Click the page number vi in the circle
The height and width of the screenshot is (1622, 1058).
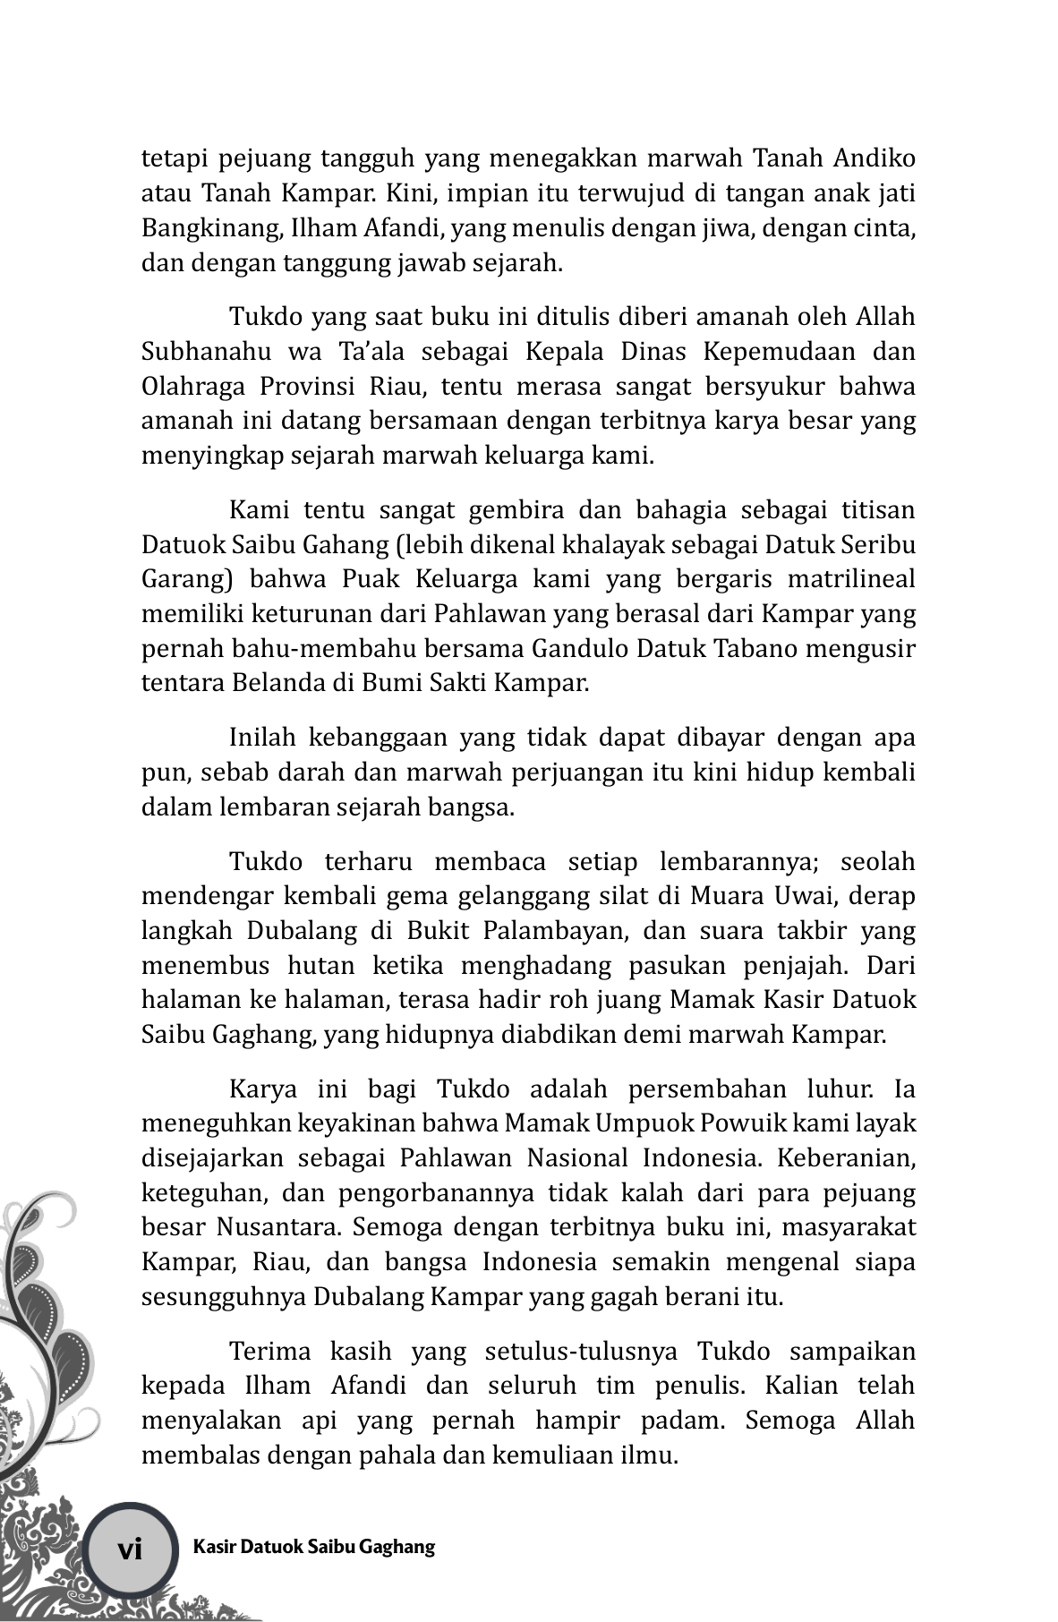pos(131,1549)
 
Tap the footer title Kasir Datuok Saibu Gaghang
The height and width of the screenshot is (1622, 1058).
pos(313,1547)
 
